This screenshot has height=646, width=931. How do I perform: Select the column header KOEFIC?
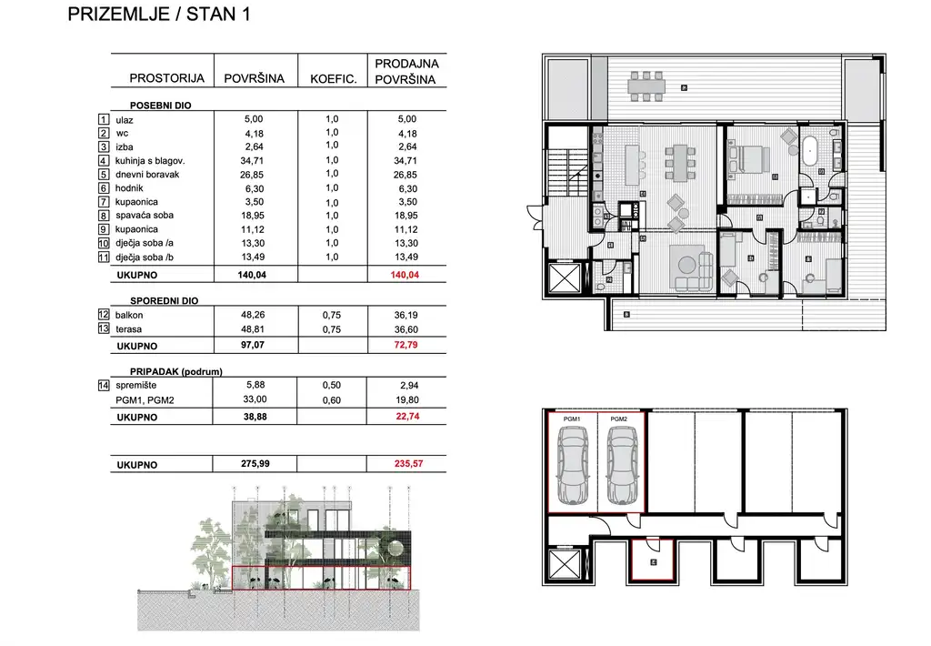coord(332,79)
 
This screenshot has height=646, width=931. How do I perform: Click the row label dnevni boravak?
coord(147,174)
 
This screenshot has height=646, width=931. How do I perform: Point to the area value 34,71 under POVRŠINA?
coord(254,160)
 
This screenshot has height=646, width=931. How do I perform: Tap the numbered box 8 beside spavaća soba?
coord(104,216)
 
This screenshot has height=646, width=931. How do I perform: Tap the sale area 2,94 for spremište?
coord(406,386)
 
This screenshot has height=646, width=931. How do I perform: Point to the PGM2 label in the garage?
coord(619,419)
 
